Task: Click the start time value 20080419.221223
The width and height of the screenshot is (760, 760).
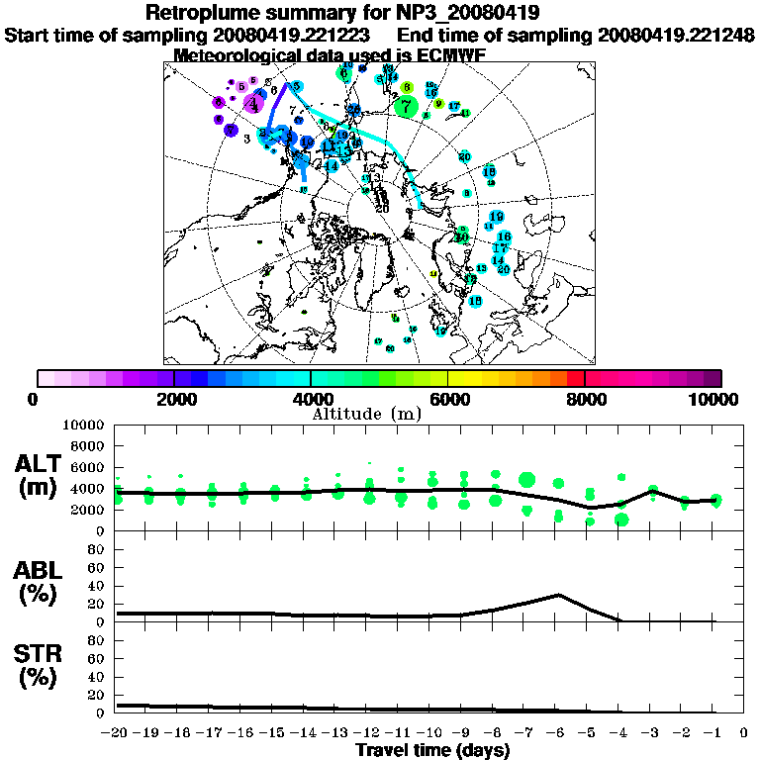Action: tap(293, 35)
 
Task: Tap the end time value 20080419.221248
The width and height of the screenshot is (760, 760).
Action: tap(677, 35)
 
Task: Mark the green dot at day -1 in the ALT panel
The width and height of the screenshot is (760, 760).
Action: tap(714, 501)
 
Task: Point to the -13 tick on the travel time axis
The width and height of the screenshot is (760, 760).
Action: tap(337, 733)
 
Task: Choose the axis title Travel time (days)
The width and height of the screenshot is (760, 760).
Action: tap(432, 750)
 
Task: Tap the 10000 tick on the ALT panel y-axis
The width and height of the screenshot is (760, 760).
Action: tap(85, 425)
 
